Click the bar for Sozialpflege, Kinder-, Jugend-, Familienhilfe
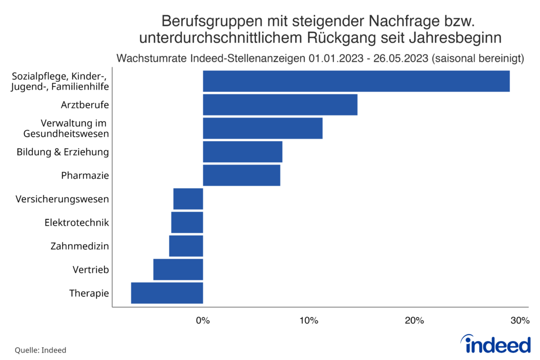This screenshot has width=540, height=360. [x=356, y=81]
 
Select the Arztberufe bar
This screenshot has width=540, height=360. [x=280, y=104]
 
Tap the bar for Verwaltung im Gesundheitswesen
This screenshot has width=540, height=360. [x=263, y=128]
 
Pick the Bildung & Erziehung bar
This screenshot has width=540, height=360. [x=243, y=152]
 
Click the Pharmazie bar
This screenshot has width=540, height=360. [x=242, y=175]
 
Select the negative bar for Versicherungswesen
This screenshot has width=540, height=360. [x=188, y=199]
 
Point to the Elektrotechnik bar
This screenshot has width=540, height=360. [x=187, y=222]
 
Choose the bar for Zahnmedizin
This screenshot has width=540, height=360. [x=186, y=246]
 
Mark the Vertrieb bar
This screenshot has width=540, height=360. [x=178, y=269]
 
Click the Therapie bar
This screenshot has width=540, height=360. [x=167, y=293]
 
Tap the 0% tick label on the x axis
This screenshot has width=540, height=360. [x=203, y=320]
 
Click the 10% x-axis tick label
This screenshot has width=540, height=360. [x=308, y=320]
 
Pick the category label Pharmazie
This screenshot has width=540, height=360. [x=85, y=176]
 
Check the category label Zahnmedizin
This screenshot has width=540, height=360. [x=80, y=246]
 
